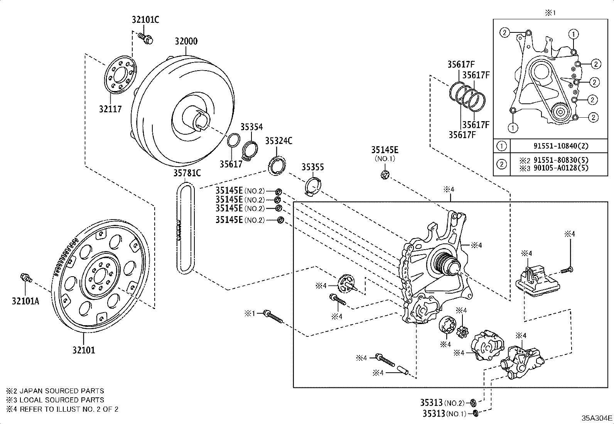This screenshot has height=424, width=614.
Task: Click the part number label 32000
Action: pos(186,41)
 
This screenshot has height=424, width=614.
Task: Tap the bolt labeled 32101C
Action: pos(146,37)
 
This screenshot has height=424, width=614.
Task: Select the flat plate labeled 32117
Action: pos(121,75)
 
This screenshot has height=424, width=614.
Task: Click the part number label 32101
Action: pos(84,350)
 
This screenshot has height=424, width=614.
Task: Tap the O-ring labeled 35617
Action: pos(234,140)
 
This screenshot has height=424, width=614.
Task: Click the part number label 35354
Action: pos(251,127)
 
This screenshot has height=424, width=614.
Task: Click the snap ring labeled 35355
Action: pos(312,186)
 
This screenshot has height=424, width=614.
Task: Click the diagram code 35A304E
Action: pos(597,418)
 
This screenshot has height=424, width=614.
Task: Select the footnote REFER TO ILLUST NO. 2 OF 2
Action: pos(69,409)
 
